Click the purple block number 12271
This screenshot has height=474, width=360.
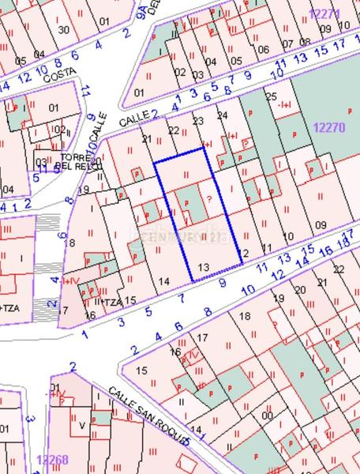(324, 13)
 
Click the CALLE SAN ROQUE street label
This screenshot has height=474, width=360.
(149, 415)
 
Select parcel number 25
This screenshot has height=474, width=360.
(272, 96)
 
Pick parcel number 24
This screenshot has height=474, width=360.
(223, 115)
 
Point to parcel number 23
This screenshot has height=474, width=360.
(197, 121)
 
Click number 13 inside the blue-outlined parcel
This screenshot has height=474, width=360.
(204, 267)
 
